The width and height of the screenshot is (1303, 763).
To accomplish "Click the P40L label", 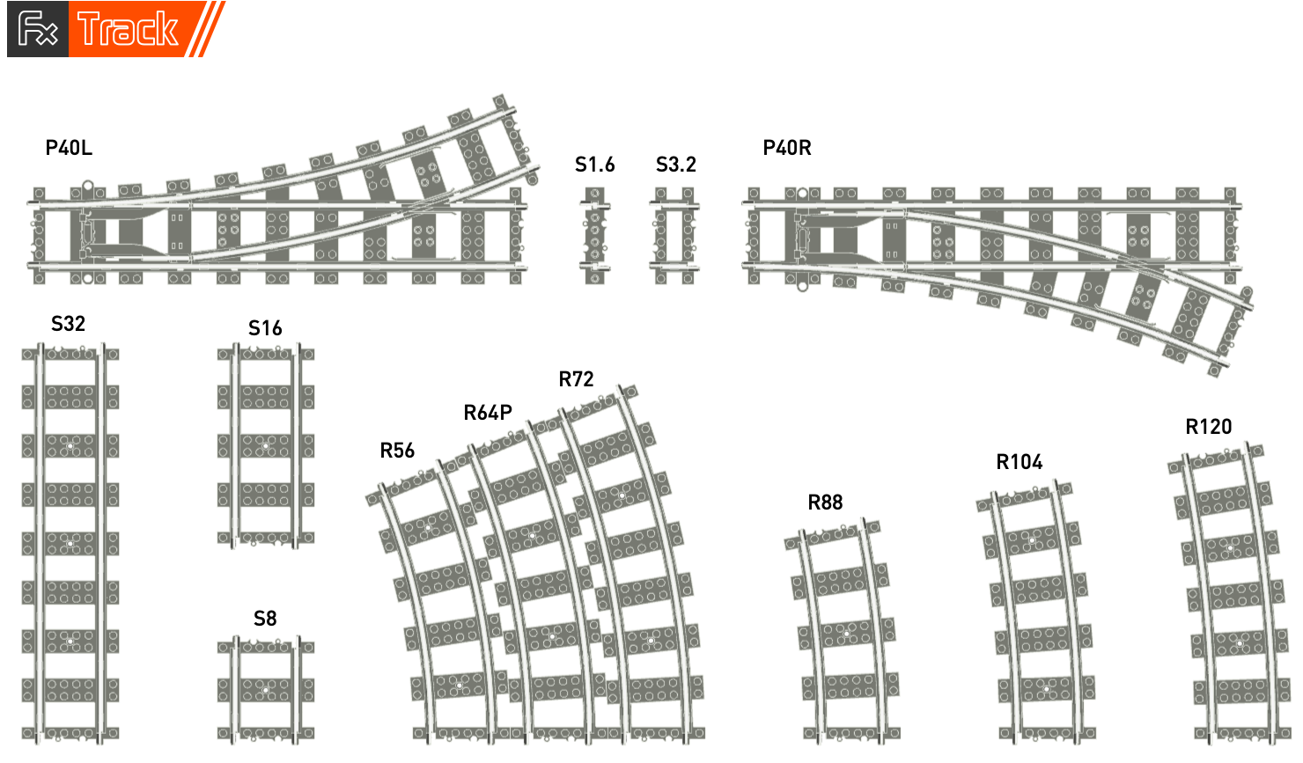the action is [x=69, y=148].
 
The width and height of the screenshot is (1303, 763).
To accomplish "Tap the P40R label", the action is [x=786, y=148].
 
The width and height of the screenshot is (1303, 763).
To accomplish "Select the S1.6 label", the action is [x=594, y=165].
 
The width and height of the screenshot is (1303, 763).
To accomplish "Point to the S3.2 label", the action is [x=675, y=165].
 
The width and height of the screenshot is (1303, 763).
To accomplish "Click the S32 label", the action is [x=68, y=323].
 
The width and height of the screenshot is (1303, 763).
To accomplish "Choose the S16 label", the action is [x=265, y=328].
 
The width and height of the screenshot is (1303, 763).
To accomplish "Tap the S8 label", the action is [x=265, y=618].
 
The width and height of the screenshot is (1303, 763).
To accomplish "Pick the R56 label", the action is [x=397, y=450].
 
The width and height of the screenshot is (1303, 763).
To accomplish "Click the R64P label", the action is [x=488, y=413].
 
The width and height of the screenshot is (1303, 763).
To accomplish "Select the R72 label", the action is [x=576, y=379].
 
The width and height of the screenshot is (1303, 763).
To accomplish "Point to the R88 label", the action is [x=825, y=502].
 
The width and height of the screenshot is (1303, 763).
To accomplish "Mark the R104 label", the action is [x=1020, y=462].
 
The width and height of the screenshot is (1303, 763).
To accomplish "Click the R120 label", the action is [x=1208, y=426].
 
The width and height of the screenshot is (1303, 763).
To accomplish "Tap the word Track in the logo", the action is [x=128, y=29].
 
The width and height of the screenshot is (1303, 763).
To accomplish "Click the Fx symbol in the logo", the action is [x=38, y=28].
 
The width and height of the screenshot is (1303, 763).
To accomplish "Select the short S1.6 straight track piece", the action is [x=594, y=236].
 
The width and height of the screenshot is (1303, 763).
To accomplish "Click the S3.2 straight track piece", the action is [x=674, y=236].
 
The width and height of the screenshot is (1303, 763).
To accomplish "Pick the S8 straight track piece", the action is [x=266, y=690].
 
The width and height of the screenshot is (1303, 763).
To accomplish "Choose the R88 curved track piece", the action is [x=843, y=631].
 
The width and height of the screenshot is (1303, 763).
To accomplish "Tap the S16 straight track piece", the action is [x=266, y=445].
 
